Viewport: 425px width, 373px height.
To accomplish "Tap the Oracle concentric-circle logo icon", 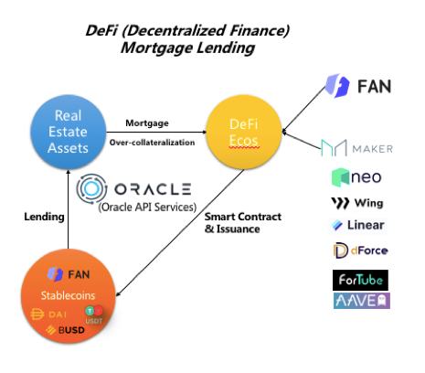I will (x=93, y=189).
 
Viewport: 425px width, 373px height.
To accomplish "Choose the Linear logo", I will (x=358, y=225).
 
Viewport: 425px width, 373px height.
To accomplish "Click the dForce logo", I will (x=358, y=250).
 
